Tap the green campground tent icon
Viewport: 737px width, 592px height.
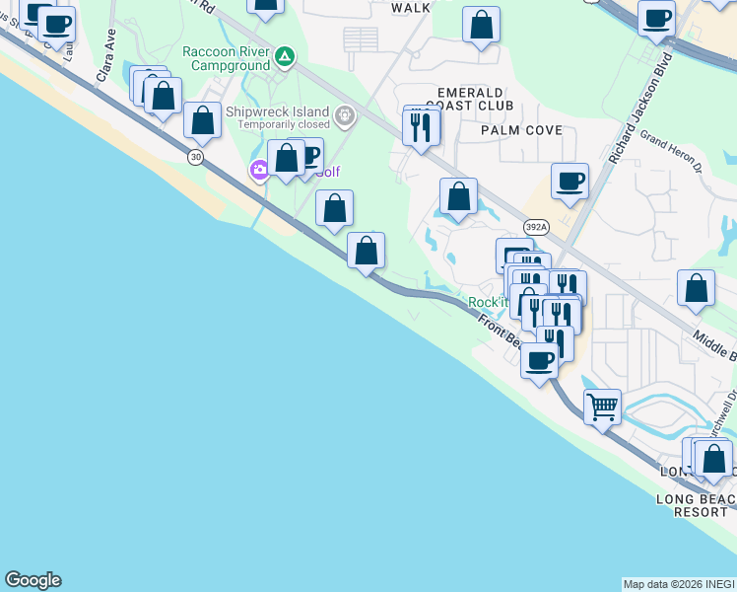coord(285,57)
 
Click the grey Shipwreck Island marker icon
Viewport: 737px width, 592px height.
coord(345,116)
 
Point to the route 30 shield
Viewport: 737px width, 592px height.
coord(197,157)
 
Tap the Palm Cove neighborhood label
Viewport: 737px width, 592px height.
coord(521,130)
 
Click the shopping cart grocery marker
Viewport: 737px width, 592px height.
coord(602,406)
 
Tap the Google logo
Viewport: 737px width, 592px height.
coord(33,580)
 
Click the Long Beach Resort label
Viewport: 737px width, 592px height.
coord(696,499)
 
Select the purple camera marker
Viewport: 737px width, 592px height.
coord(260,170)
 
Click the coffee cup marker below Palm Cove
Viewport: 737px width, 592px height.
coord(569,182)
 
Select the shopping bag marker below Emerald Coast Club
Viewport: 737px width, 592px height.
coord(458,196)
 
